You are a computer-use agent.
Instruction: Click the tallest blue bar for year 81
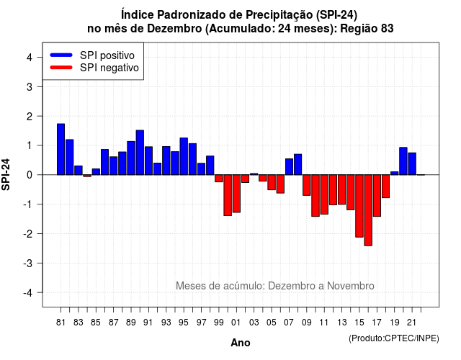point(61,149)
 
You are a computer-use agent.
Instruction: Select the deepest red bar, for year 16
point(368,210)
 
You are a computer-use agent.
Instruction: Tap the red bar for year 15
point(359,206)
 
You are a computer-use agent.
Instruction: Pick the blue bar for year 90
point(140,153)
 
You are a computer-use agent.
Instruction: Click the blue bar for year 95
point(184,156)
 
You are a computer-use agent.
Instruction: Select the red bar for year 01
point(236,194)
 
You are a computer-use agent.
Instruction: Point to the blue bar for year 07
point(289,166)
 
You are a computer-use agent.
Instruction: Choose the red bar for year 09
point(307,185)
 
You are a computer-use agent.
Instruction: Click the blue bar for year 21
point(412,163)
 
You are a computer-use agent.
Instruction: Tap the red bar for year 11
point(324,194)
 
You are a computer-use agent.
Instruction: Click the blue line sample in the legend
point(61,55)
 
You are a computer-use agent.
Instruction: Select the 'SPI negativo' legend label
point(109,68)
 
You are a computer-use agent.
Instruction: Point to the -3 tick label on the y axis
point(28,263)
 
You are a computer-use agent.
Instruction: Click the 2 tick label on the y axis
point(29,117)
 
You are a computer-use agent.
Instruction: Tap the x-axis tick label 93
point(166,323)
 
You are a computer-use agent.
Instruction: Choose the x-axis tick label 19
point(395,323)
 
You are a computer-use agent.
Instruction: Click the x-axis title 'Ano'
point(241,343)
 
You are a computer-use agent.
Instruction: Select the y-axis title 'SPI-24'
point(6,174)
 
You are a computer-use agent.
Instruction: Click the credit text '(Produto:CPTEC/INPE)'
point(394,338)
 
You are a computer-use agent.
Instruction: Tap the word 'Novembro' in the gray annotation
point(351,286)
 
